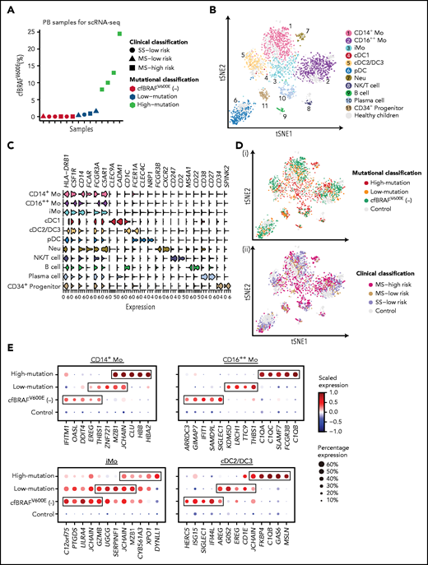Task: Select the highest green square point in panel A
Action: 119,34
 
